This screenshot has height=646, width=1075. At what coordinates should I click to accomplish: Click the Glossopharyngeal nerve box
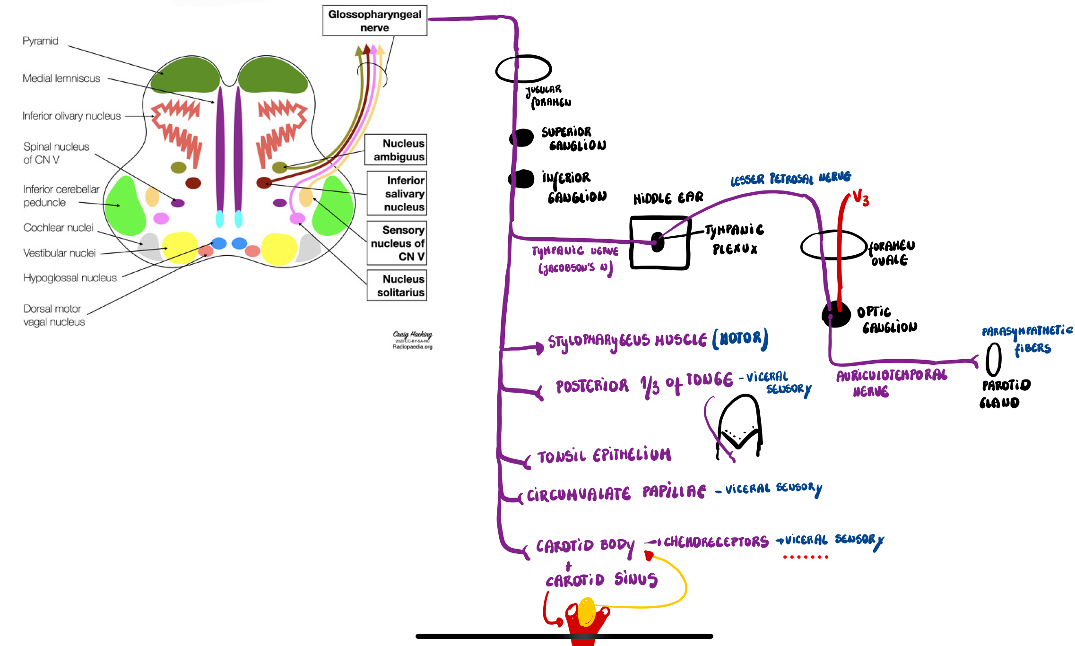[x=374, y=21]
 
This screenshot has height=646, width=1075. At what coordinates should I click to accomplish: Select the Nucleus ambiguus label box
[x=396, y=150]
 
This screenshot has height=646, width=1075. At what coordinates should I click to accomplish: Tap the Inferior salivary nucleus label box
[x=397, y=193]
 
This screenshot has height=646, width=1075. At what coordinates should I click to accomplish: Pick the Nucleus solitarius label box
[x=397, y=285]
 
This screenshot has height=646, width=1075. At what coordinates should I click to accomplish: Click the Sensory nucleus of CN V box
[x=397, y=243]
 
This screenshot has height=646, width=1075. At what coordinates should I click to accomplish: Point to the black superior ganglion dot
[x=522, y=138]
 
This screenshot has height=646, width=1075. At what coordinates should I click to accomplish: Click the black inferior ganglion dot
[x=522, y=179]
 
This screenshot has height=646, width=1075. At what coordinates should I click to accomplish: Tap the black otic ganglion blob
[x=836, y=314]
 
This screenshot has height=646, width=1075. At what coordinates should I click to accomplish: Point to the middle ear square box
[x=659, y=243]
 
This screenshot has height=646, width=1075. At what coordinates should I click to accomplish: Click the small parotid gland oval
[x=993, y=359]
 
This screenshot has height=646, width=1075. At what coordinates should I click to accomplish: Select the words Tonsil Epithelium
[x=604, y=456]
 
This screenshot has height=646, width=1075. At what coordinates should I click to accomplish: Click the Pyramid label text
[x=41, y=41]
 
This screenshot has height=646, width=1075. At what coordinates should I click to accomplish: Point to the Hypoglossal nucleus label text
[x=70, y=278]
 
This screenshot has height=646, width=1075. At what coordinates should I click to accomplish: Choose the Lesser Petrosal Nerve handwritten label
[x=790, y=179]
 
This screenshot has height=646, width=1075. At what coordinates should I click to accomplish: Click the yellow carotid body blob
[x=587, y=611]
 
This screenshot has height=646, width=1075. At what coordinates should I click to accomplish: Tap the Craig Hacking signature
[x=412, y=335]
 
